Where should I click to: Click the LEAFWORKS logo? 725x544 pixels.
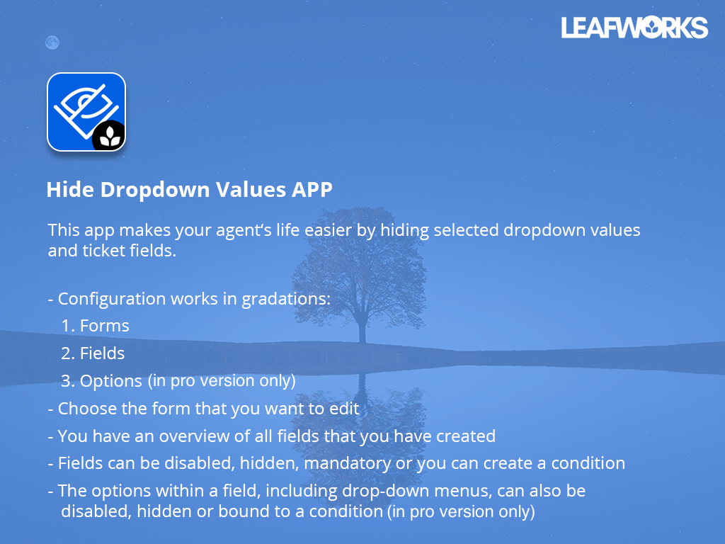coord(634,28)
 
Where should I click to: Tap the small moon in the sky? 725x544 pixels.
coord(52,42)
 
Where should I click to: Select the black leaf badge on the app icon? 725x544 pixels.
coord(109,136)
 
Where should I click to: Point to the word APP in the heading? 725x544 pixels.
coord(312,190)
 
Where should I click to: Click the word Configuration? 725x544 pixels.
coord(112,299)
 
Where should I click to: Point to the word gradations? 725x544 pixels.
coord(286,299)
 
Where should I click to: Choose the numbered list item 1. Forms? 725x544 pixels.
coord(95,326)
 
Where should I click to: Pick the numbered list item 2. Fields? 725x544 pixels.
coord(93,353)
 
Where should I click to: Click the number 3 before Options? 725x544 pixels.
coord(66,381)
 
